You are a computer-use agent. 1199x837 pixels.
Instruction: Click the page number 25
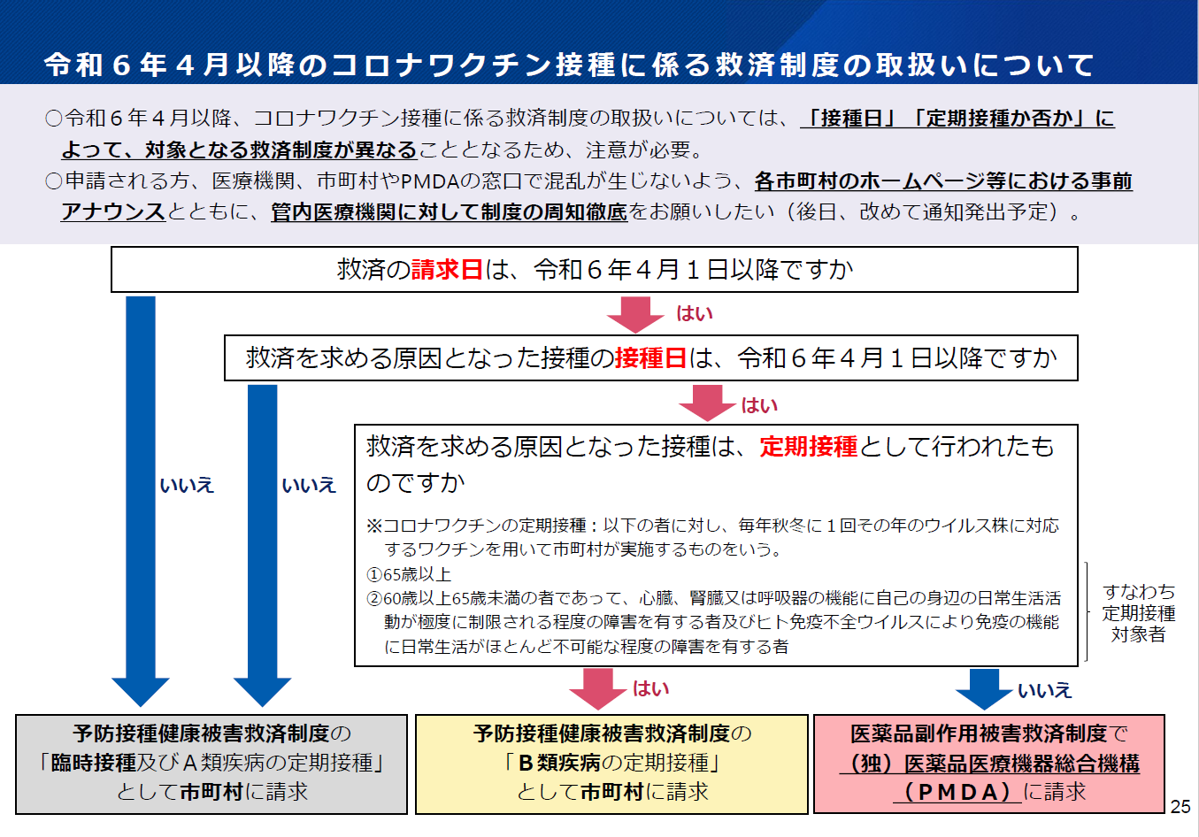pyautogui.click(x=1180, y=807)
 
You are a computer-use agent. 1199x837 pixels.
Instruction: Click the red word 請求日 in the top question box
pyautogui.click(x=448, y=269)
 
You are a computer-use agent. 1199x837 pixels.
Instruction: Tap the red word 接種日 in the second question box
pyautogui.click(x=651, y=358)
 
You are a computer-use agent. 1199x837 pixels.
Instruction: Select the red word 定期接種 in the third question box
pyautogui.click(x=808, y=446)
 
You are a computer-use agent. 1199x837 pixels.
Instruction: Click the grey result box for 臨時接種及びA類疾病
pyautogui.click(x=211, y=764)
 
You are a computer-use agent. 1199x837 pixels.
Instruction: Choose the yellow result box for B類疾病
pyautogui.click(x=611, y=764)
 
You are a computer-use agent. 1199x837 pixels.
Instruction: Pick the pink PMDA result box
pyautogui.click(x=989, y=764)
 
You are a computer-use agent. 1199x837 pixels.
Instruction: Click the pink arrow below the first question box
pyautogui.click(x=635, y=315)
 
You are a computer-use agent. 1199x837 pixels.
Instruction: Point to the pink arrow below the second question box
pyautogui.click(x=708, y=403)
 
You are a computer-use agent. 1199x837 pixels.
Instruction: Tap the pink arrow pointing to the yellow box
pyautogui.click(x=598, y=689)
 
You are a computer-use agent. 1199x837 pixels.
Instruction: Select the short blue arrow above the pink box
pyautogui.click(x=984, y=689)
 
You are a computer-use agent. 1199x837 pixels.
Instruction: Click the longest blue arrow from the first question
pyautogui.click(x=140, y=502)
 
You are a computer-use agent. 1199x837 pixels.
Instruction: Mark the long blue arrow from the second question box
pyautogui.click(x=262, y=546)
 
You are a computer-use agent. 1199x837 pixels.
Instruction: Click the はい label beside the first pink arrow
pyautogui.click(x=695, y=313)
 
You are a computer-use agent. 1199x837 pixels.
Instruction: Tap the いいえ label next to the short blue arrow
pyautogui.click(x=1044, y=690)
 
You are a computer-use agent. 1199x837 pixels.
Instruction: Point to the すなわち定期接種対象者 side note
pyautogui.click(x=1139, y=613)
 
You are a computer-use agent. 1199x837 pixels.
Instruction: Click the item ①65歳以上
pyautogui.click(x=409, y=574)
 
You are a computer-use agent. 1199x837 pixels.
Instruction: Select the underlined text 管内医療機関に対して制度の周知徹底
pyautogui.click(x=450, y=212)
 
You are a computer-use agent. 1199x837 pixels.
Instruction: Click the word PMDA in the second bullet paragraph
pyautogui.click(x=430, y=181)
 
